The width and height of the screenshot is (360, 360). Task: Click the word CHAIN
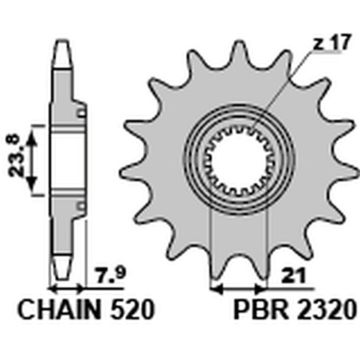pos(60,310)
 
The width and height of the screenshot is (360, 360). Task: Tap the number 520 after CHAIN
pos(132,310)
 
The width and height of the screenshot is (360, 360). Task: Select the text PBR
pos(261,310)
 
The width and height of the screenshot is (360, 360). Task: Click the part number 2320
pos(326,310)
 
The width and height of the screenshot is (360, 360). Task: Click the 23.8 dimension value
pos(14,155)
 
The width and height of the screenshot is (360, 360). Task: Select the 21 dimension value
pos(295,276)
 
